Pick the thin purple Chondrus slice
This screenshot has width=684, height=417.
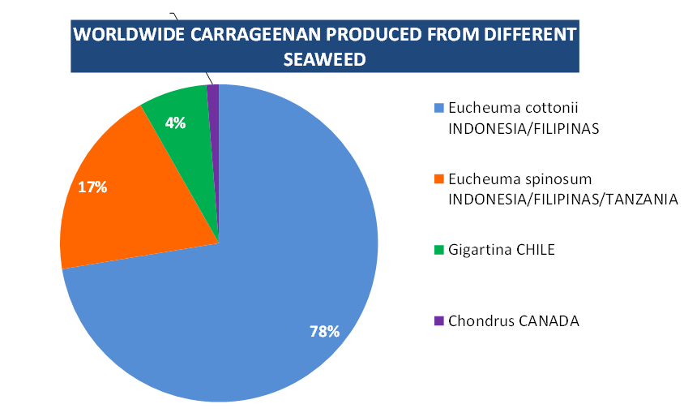214,105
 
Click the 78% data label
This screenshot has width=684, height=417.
324,331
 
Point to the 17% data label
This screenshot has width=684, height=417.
92,187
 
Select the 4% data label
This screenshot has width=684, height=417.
175,123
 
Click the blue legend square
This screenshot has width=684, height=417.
439,108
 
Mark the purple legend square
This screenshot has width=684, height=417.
439,320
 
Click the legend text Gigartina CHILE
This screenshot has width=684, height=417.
501,250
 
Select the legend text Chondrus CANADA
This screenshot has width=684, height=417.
514,320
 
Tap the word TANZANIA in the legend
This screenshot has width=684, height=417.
637,200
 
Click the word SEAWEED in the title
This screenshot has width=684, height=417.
324,59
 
